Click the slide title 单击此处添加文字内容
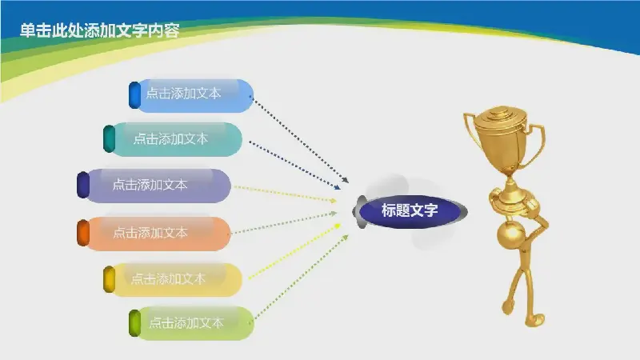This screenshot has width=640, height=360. click(99, 30)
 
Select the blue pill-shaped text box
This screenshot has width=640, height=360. click(192, 96)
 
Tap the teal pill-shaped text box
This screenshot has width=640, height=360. click(173, 139)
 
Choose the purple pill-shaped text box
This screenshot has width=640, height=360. click(154, 186)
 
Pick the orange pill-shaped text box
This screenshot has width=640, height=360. click(154, 234)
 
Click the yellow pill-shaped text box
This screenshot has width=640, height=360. click(173, 279)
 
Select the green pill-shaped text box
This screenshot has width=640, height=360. click(192, 323)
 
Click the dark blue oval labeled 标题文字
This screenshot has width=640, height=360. click(410, 211)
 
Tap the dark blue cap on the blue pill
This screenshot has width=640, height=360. click(134, 95)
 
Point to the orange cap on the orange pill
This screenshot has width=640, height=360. click(83, 233)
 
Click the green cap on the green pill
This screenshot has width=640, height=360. click(134, 323)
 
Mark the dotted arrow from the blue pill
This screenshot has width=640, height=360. click(300, 139)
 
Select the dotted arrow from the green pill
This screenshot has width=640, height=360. click(302, 277)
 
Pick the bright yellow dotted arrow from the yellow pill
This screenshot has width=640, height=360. click(294, 251)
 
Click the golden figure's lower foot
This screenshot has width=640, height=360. click(535, 320)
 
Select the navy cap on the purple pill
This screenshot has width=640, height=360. click(83, 185)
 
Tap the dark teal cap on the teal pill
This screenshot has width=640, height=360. click(109, 138)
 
